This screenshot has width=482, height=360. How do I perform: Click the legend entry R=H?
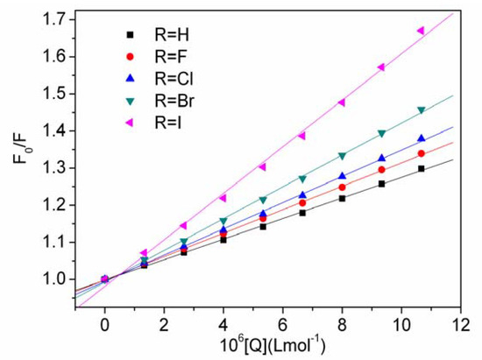click(x=157, y=35)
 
